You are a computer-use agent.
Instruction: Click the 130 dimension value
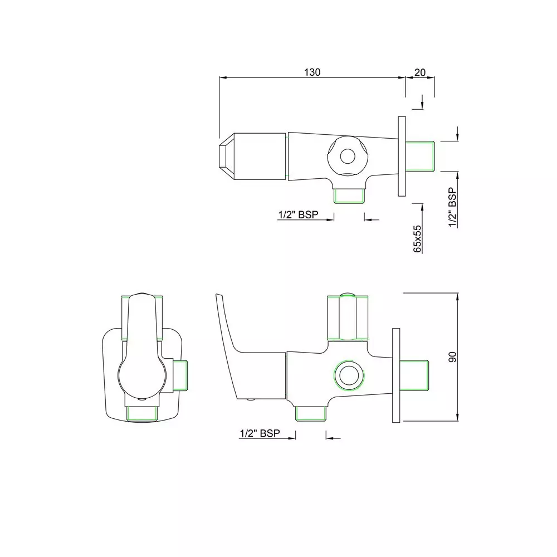point(312,72)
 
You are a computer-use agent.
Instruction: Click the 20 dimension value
point(420,72)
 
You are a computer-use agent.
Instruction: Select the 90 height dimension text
point(453,358)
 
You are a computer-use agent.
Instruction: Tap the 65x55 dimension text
point(417,239)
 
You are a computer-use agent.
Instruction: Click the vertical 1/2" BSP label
point(453,207)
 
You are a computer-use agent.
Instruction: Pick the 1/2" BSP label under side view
point(259,433)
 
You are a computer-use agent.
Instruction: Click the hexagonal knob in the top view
point(347,156)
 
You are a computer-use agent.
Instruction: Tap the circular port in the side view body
point(349,377)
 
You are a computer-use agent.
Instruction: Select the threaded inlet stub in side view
point(415,377)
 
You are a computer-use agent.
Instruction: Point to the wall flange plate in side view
point(396,377)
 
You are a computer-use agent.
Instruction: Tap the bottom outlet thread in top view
point(348,196)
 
